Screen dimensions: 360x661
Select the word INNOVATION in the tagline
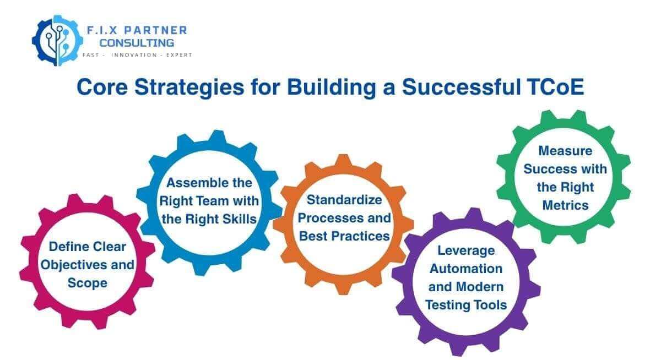coord(132,55)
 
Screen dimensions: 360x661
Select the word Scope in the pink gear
coord(88,283)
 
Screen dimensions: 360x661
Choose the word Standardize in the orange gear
coord(344,199)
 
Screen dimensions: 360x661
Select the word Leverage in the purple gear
coord(466,250)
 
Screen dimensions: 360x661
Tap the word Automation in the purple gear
coord(466,269)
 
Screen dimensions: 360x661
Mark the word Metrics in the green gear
coord(565,205)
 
